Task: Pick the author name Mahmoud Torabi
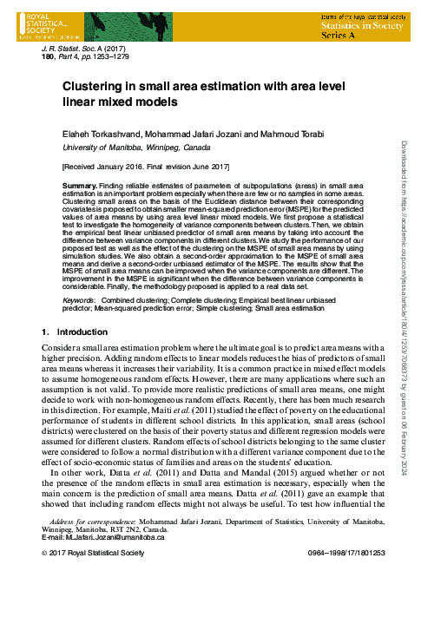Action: point(292,133)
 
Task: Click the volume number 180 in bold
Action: point(49,58)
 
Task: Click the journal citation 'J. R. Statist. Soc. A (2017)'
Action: point(93,50)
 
